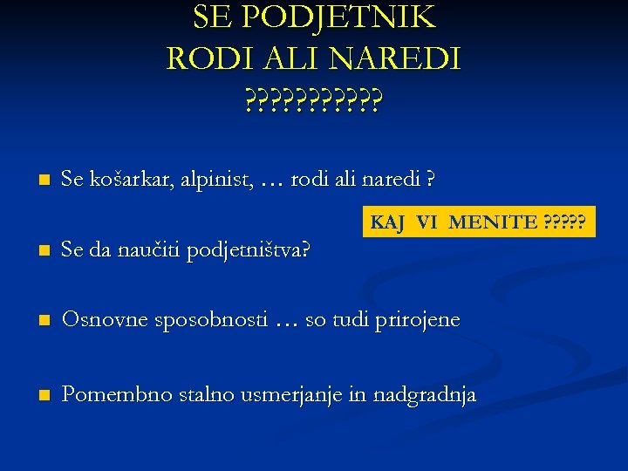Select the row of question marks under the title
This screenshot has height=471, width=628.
[x=313, y=103]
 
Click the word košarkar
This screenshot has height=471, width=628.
[x=126, y=181]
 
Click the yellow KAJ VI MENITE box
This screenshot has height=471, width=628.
[x=478, y=222]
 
